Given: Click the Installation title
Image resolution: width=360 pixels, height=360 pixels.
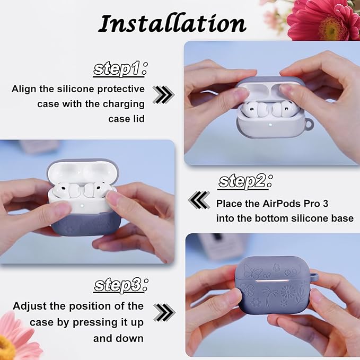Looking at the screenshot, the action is [x=172, y=24].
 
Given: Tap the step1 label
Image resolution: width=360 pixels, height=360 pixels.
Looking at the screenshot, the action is [x=120, y=69].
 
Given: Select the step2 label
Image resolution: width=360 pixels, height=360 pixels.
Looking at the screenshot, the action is [x=245, y=182].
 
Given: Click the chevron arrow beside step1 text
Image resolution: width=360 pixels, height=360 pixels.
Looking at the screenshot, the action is [x=163, y=94].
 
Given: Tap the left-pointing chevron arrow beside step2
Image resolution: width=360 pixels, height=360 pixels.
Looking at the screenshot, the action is [x=199, y=200].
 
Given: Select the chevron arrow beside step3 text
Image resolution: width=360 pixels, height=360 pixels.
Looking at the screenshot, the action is [x=164, y=312].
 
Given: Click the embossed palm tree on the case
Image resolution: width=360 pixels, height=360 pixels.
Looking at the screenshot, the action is [x=270, y=297].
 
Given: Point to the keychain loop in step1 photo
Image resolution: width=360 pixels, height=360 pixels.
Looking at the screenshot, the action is [x=309, y=124].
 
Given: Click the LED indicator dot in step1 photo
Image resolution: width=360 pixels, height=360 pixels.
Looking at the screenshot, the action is [x=270, y=125].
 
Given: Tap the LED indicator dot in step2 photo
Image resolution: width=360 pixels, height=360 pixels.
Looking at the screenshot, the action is [x=82, y=206].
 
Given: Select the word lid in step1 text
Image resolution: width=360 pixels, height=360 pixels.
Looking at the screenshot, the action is [x=138, y=119].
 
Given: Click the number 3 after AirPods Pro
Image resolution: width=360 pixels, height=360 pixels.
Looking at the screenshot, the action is [x=325, y=204].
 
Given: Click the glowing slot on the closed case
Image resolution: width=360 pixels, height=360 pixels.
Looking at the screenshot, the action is [x=273, y=281].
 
